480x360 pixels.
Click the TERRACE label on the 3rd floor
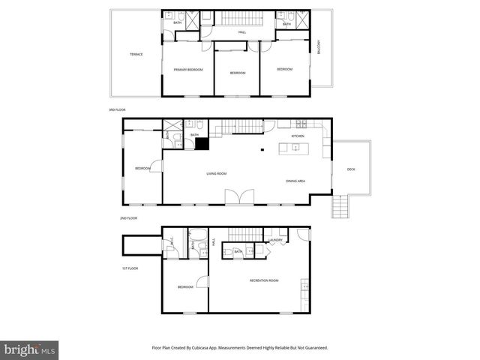[x=136, y=54]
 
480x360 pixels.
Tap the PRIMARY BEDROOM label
[x=189, y=70]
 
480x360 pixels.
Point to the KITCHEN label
[x=298, y=136]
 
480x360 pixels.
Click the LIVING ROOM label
[x=217, y=173]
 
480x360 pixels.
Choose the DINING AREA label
[x=295, y=181]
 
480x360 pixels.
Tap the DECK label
[x=351, y=169]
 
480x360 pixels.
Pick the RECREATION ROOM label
[x=264, y=280]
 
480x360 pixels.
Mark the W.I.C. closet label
[x=172, y=241]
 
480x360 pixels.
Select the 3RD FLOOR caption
[x=117, y=110]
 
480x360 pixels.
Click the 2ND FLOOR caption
[x=127, y=218]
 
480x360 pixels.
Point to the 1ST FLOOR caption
[x=130, y=268]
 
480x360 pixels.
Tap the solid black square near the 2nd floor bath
[x=201, y=145]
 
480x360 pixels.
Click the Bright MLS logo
[x=30, y=349]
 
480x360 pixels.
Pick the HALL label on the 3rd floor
[x=242, y=32]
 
